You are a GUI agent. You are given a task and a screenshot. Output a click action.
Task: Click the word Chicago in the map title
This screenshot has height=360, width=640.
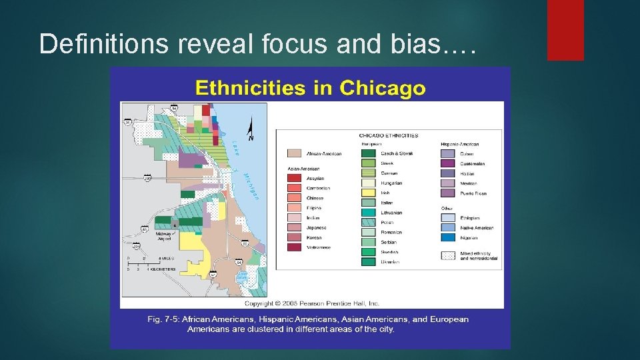pos(382,87)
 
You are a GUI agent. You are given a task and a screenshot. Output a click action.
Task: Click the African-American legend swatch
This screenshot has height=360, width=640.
pos(293,153)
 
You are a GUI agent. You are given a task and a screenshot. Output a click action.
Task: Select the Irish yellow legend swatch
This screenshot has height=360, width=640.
pos(369,193)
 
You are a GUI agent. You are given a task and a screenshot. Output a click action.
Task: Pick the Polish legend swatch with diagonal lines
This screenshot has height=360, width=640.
pos(369,222)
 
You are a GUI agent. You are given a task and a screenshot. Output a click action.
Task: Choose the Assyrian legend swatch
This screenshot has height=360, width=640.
pos(293,179)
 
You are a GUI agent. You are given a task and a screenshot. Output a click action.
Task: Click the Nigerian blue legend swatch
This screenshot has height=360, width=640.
pos(448,237)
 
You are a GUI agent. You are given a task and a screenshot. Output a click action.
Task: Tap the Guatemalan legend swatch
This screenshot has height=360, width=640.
pos(448,163)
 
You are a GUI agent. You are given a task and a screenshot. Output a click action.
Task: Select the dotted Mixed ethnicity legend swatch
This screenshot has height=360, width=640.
pos(448,256)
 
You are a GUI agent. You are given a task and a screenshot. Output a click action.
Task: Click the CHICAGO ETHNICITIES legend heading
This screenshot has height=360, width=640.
pos(389,135)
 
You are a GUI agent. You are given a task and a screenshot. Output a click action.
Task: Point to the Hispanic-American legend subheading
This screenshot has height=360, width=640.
pos(460,144)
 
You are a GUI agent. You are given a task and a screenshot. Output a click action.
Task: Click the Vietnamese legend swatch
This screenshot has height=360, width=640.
pos(293,247)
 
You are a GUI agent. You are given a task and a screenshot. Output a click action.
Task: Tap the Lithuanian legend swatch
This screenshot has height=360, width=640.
pos(369,213)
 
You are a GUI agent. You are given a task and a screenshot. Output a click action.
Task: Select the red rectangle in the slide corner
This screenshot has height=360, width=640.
pos(565,30)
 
